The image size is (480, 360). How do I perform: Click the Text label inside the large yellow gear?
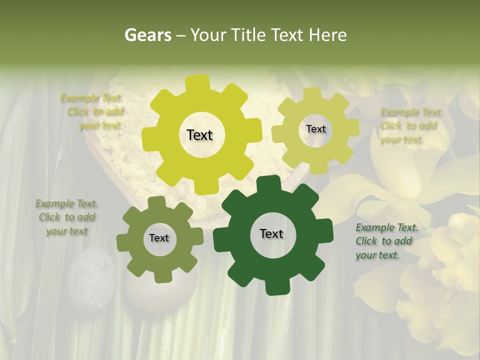[199, 135]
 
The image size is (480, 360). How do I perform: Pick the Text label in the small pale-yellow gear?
[315, 129]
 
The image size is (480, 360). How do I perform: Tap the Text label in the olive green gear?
[159, 238]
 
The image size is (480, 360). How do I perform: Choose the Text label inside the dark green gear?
[271, 233]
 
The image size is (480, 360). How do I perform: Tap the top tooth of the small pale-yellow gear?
[313, 93]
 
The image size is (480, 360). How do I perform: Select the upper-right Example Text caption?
[410, 126]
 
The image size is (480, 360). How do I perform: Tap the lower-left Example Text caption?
[67, 217]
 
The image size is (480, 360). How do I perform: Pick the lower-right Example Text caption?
[386, 241]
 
